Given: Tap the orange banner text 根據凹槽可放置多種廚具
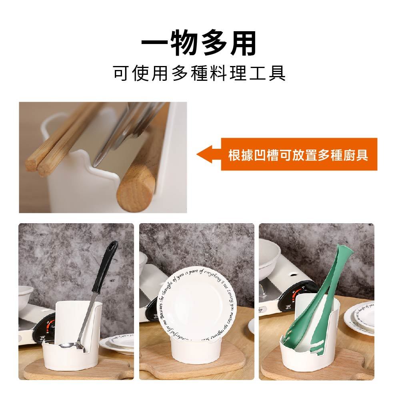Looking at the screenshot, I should point(298,155).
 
